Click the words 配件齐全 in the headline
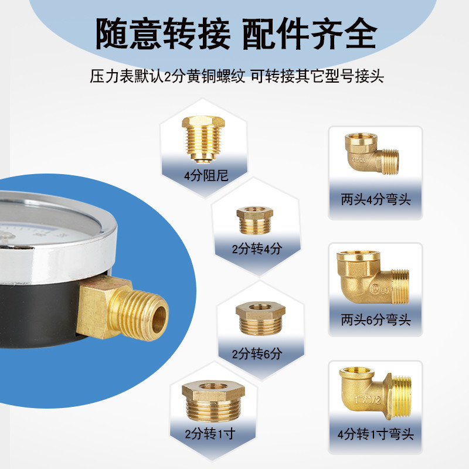pos(309,34)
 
